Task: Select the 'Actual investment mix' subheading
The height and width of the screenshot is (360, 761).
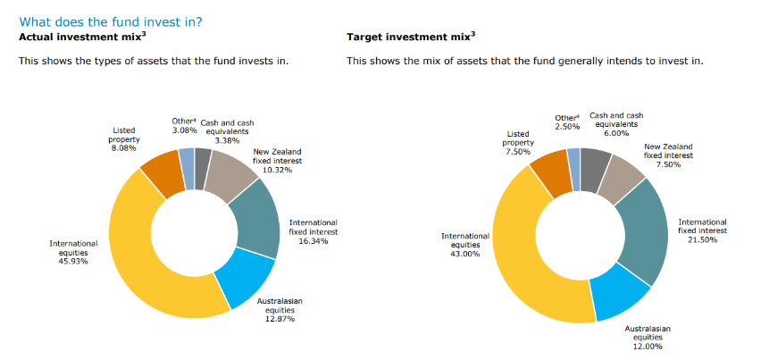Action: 77,37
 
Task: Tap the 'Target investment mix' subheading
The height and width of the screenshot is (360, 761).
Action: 411,37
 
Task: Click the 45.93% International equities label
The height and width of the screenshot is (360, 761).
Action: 73,252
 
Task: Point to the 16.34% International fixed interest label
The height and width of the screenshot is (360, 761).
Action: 313,231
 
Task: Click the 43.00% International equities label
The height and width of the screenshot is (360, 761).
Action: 465,245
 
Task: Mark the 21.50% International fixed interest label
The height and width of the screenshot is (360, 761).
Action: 702,230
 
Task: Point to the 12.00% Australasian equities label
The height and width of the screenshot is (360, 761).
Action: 648,337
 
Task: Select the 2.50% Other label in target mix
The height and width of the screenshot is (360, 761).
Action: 566,122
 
